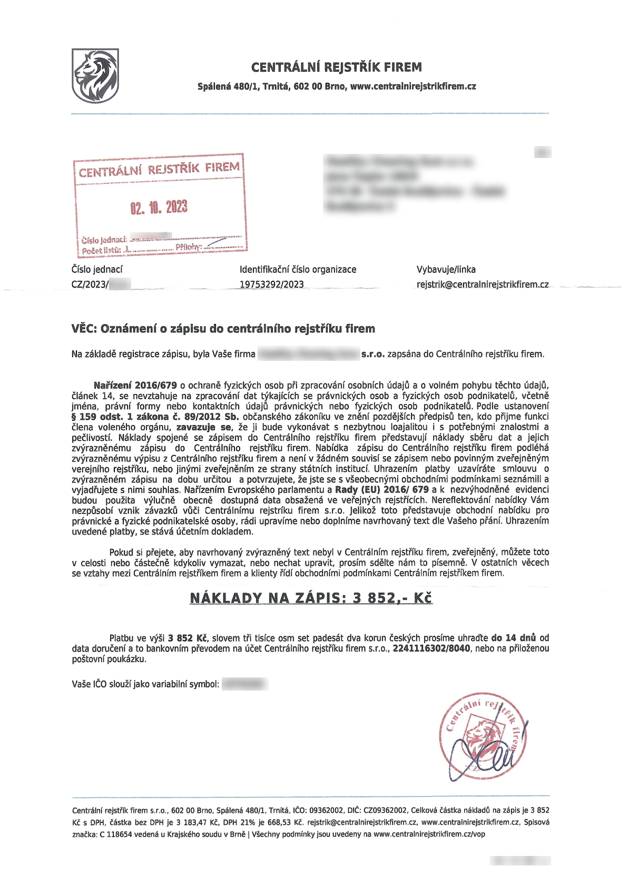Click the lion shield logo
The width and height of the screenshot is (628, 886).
[x=95, y=75]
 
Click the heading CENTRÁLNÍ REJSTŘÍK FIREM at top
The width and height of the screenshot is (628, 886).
[x=336, y=67]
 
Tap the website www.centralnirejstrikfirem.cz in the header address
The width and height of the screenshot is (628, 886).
[x=413, y=86]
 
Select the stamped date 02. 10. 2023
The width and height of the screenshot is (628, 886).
[x=159, y=207]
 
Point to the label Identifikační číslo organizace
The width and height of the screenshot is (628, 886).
[x=298, y=269]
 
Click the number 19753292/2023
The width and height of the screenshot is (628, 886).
[x=272, y=284]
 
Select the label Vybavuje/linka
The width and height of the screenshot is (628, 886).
[x=446, y=269]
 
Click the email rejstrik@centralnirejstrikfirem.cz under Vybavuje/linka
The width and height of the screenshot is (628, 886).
[x=482, y=284]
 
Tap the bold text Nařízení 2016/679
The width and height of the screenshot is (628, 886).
[x=135, y=386]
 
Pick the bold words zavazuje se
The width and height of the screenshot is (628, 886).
[x=203, y=427]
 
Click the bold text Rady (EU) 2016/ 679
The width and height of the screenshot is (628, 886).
[x=381, y=489]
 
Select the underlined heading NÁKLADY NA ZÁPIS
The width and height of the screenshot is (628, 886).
[x=266, y=598]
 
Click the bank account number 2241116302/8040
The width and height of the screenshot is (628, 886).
[x=431, y=648]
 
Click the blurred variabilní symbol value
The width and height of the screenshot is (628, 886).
[x=244, y=684]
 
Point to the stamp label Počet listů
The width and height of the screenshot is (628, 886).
[x=101, y=250]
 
